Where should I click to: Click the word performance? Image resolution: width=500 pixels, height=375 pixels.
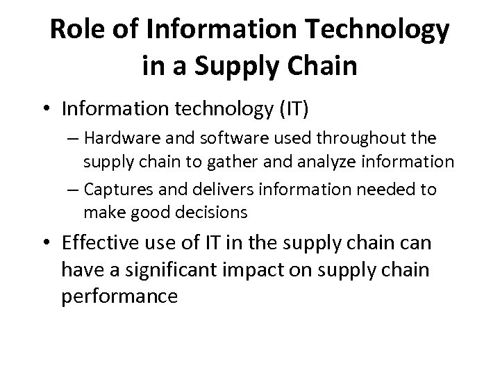click(x=120, y=296)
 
